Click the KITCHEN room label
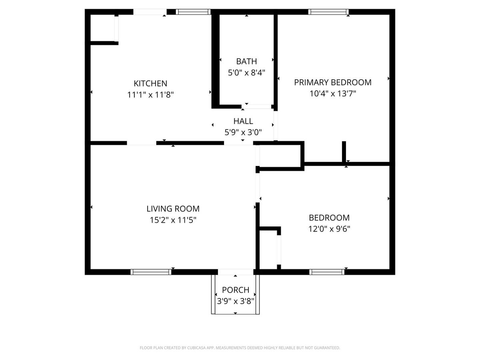pos(150,84)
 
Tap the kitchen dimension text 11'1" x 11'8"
pos(150,95)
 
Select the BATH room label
pos(246,62)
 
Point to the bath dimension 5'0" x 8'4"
pos(246,73)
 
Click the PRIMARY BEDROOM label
pos(332,82)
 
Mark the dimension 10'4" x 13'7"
pos(332,94)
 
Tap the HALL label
pos(243,121)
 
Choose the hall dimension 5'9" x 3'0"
pos(243,132)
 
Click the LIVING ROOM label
pos(173,209)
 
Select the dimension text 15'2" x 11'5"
pos(173,220)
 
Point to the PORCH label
pos(236,290)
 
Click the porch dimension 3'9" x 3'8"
pos(236,301)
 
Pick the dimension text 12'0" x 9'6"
pos(329,229)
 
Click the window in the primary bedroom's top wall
pos(328,12)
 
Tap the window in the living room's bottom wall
pos(151,272)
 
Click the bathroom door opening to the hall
pos(256,107)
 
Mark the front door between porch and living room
pos(236,272)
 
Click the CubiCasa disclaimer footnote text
pos(240,348)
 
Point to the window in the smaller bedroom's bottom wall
pos(327,272)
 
